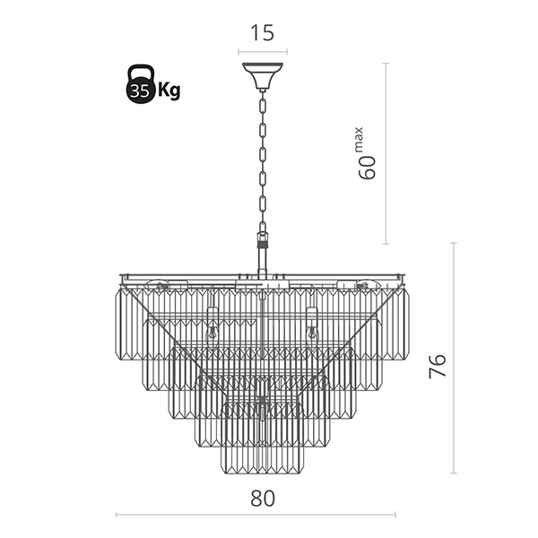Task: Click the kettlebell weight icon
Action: (x=139, y=85)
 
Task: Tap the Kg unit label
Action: (x=168, y=91)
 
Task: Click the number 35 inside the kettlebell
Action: (x=139, y=91)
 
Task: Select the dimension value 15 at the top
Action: (x=262, y=34)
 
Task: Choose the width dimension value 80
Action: (x=262, y=498)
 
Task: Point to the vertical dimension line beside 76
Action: (x=455, y=359)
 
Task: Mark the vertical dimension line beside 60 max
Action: (x=386, y=152)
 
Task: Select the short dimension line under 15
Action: (x=262, y=51)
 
